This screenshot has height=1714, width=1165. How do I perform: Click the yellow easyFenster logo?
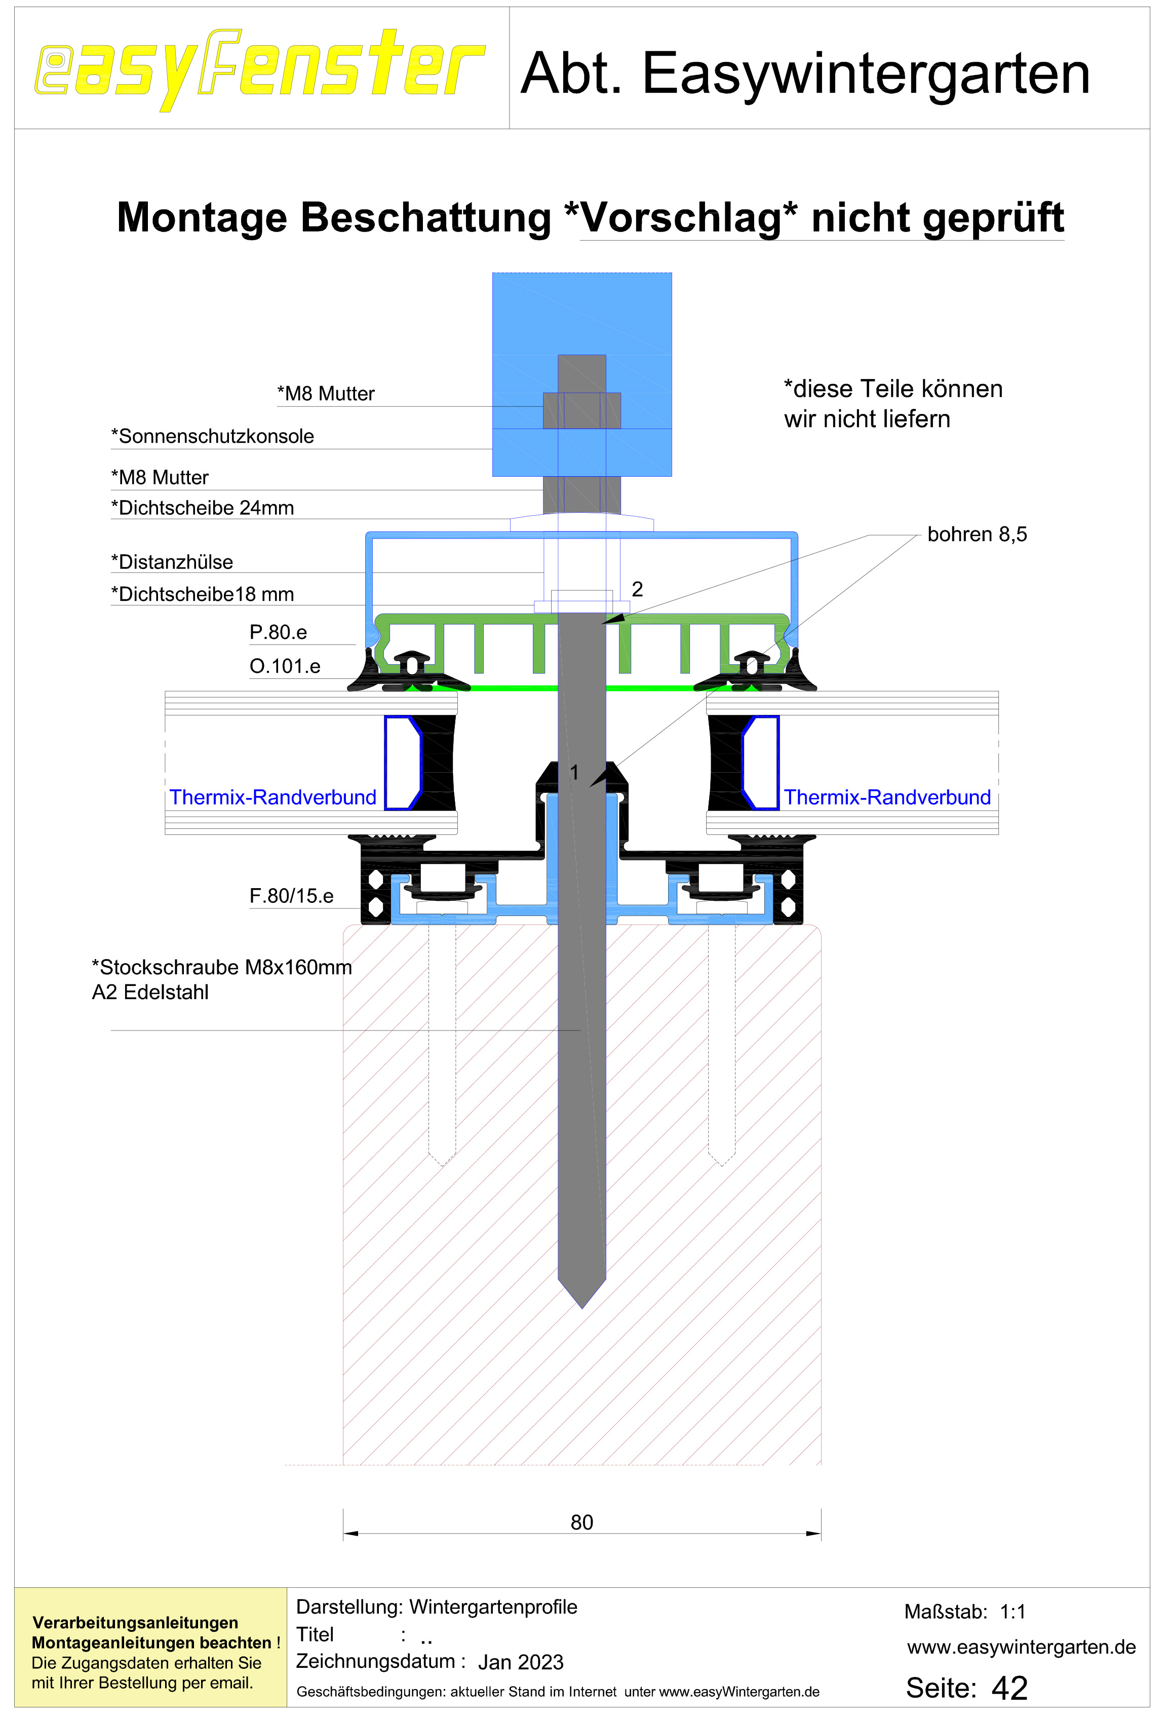click(259, 69)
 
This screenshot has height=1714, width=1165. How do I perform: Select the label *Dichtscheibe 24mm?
click(203, 508)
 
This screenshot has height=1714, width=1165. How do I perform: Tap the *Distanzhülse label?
click(172, 562)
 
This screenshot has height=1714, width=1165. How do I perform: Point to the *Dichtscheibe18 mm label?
click(203, 594)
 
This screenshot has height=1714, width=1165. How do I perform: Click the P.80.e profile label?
click(278, 632)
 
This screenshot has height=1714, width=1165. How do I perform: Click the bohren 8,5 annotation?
click(977, 534)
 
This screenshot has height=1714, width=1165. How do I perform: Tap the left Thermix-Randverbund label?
click(273, 797)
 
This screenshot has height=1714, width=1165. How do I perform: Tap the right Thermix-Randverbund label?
click(887, 797)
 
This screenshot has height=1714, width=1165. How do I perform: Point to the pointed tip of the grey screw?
click(582, 1308)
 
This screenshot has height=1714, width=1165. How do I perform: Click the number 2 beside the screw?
click(637, 589)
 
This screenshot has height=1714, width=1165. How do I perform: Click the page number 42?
click(1009, 1688)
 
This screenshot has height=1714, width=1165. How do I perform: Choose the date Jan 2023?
click(521, 1662)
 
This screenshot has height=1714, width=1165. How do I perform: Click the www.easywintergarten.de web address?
click(1021, 1647)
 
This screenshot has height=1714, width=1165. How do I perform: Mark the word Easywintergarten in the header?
click(866, 74)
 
